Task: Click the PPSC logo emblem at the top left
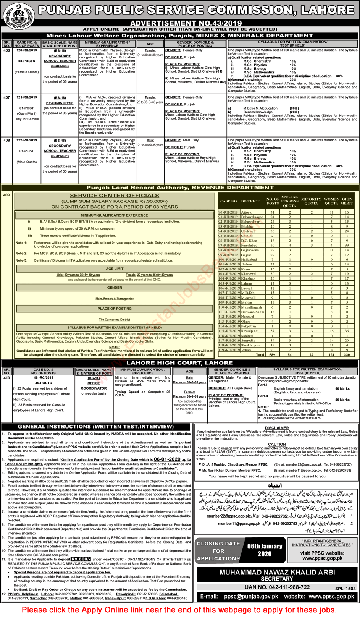coord(18,15)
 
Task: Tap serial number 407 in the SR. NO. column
coord(6,97)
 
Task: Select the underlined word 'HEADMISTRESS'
coord(60,103)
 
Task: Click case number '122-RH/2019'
coord(27,140)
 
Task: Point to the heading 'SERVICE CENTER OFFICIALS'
coord(115,196)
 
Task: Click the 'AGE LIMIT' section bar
coord(115,269)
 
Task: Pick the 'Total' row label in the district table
coord(260,355)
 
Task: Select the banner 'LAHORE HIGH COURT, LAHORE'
coord(179,363)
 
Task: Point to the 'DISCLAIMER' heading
coord(277,428)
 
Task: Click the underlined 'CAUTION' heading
coord(277,444)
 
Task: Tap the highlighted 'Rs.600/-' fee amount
coord(80,559)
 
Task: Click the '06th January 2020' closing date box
coord(264,550)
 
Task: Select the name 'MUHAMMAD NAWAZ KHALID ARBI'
coord(277,572)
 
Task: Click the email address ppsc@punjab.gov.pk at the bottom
coord(250,596)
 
